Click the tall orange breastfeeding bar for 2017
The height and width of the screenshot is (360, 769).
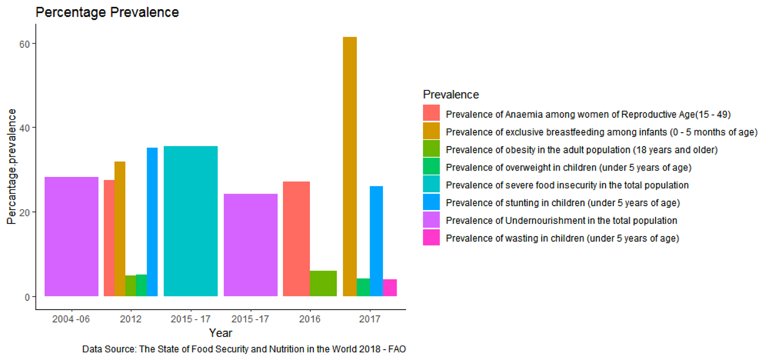click(x=349, y=166)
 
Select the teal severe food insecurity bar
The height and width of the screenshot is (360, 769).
click(x=190, y=221)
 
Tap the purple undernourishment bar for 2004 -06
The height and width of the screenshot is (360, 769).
click(x=71, y=236)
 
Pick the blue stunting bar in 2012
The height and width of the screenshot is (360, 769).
click(x=152, y=222)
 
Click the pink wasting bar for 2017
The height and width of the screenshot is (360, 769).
click(x=390, y=287)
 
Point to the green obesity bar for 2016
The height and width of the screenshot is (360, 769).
click(x=323, y=284)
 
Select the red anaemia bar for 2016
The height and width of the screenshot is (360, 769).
click(x=296, y=239)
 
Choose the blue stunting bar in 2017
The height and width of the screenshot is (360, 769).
click(x=376, y=241)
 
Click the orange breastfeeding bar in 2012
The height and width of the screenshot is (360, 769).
click(x=120, y=229)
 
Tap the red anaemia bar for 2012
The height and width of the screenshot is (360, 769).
click(x=109, y=238)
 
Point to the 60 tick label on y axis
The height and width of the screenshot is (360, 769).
click(x=24, y=44)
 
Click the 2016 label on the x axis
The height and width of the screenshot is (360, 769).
click(x=310, y=319)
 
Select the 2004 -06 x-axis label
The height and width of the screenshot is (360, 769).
click(x=71, y=319)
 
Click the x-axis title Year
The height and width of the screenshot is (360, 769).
click(x=221, y=333)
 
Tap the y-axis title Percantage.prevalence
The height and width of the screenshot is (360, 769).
click(x=12, y=166)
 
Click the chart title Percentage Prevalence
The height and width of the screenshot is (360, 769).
click(x=107, y=12)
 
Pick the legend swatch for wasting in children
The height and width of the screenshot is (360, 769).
click(x=431, y=238)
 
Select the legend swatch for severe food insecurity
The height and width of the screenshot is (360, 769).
click(x=431, y=185)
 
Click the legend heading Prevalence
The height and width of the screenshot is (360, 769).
click(x=451, y=95)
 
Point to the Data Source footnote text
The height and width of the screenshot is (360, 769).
click(x=244, y=349)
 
